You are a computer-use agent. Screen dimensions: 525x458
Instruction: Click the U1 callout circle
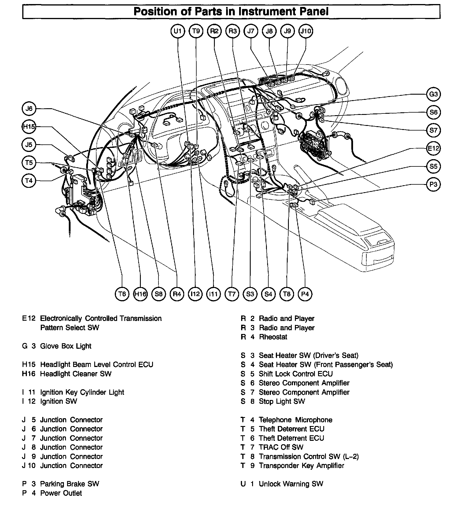point(178,31)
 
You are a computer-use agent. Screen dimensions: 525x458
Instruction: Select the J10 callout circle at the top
point(306,31)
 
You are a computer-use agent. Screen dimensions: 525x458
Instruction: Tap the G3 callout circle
point(433,94)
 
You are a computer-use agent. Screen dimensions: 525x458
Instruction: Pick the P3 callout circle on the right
point(433,184)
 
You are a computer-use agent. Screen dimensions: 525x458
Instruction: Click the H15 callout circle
point(29,127)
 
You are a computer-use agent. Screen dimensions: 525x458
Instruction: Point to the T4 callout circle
point(29,181)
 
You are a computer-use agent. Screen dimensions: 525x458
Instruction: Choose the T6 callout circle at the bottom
point(122,294)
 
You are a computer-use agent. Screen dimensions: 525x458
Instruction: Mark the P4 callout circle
point(305,294)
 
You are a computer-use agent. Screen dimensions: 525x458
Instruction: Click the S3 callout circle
point(250,294)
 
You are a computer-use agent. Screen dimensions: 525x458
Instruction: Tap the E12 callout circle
point(433,148)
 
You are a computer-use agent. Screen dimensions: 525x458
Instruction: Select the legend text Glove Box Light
point(66,346)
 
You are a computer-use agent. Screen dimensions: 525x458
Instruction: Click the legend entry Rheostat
point(273,337)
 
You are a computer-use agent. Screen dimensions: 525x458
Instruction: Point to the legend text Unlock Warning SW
point(291,484)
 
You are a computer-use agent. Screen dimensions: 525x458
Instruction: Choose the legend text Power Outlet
point(61,493)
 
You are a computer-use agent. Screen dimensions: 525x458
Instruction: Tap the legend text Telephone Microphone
point(296,420)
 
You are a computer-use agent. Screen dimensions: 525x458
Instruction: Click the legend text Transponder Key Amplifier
point(301,466)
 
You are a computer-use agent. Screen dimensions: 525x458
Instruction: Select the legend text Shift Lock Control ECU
point(296,374)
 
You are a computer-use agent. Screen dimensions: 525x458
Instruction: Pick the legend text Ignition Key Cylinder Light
point(82,392)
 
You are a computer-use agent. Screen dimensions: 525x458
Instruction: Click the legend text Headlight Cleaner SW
point(76,374)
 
